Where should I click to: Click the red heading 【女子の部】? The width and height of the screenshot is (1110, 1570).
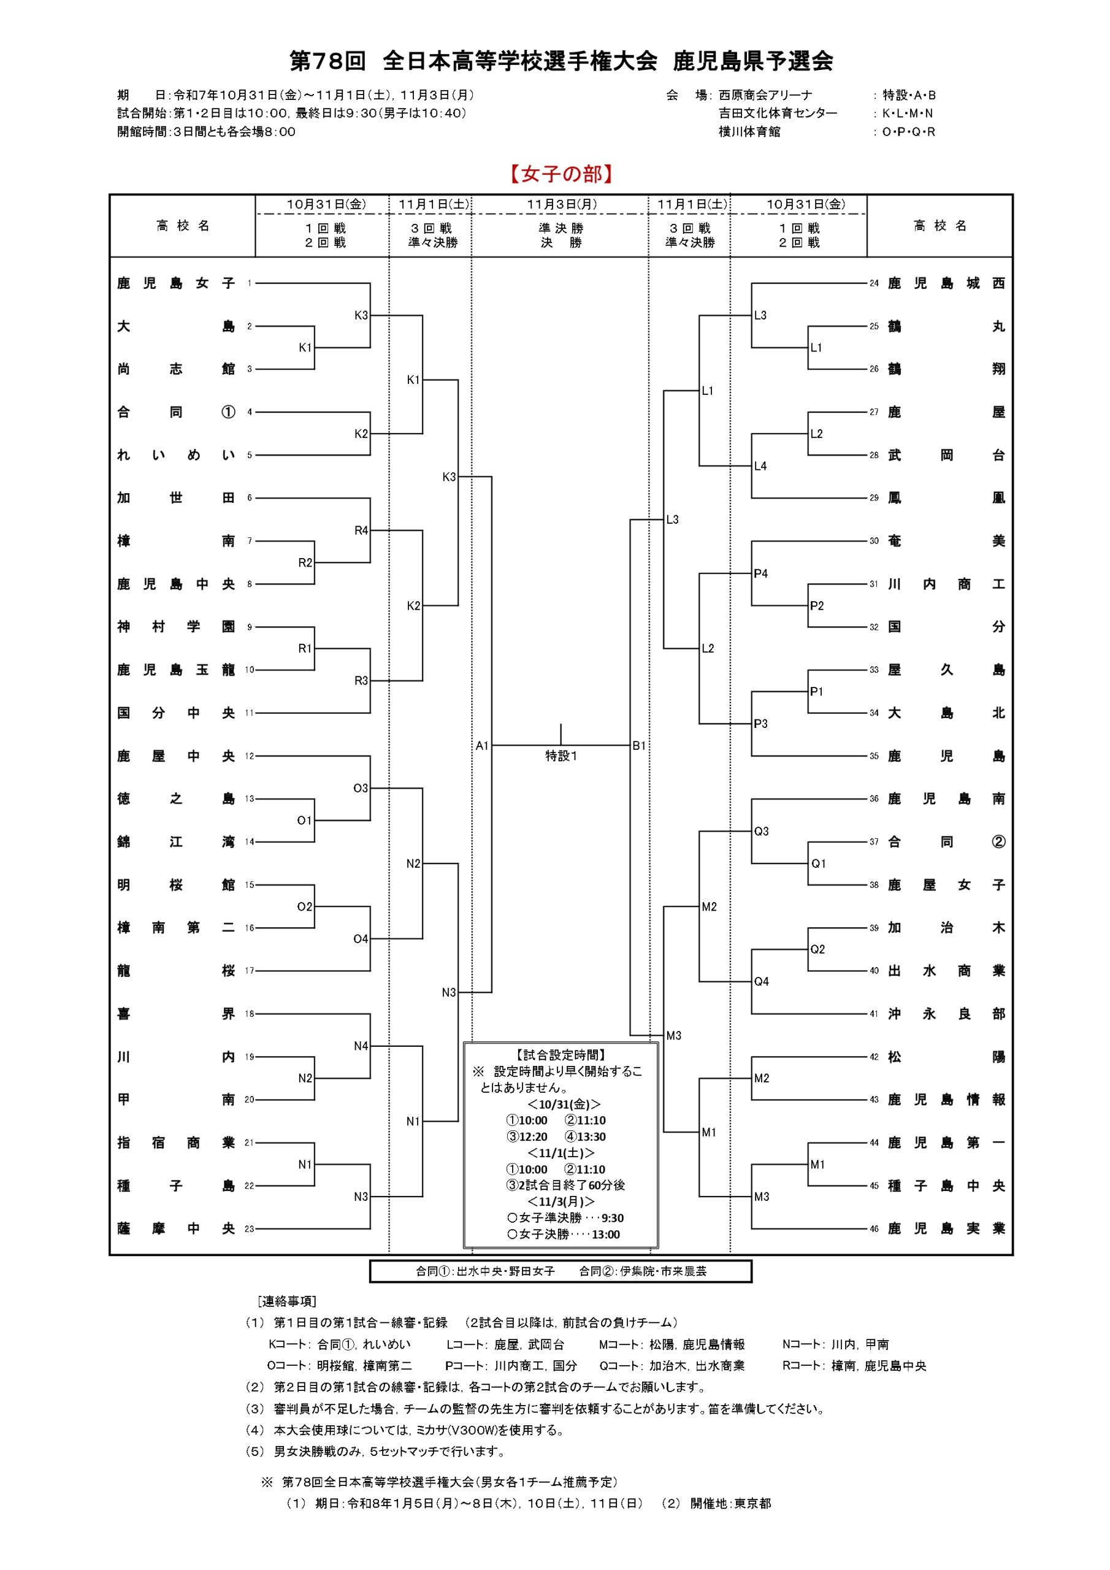click(x=561, y=174)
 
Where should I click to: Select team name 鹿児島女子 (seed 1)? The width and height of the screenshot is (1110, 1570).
click(x=176, y=283)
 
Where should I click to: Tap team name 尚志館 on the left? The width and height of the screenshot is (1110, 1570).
click(x=176, y=369)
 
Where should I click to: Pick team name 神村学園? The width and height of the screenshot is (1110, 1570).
click(x=176, y=627)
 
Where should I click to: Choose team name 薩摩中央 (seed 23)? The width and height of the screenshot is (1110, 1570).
click(x=176, y=1229)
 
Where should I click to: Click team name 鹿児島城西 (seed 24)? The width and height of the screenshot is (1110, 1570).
click(x=946, y=283)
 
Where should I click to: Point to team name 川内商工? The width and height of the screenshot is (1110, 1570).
click(x=946, y=584)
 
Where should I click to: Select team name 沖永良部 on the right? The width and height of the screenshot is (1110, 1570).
click(x=946, y=1014)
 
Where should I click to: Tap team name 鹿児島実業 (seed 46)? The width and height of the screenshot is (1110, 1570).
click(x=946, y=1229)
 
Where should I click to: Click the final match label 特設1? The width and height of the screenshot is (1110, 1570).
click(x=561, y=756)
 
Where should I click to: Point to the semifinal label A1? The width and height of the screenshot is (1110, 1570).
click(x=482, y=746)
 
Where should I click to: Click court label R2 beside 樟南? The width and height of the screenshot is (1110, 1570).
click(x=305, y=563)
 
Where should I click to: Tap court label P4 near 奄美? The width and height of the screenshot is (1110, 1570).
click(x=760, y=573)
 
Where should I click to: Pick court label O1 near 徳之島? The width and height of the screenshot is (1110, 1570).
click(x=304, y=821)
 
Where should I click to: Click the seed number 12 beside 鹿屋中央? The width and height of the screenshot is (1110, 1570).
click(x=250, y=756)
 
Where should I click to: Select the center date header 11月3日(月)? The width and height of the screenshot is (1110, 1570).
click(x=561, y=204)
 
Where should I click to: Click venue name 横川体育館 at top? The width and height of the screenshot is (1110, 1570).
click(x=749, y=131)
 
